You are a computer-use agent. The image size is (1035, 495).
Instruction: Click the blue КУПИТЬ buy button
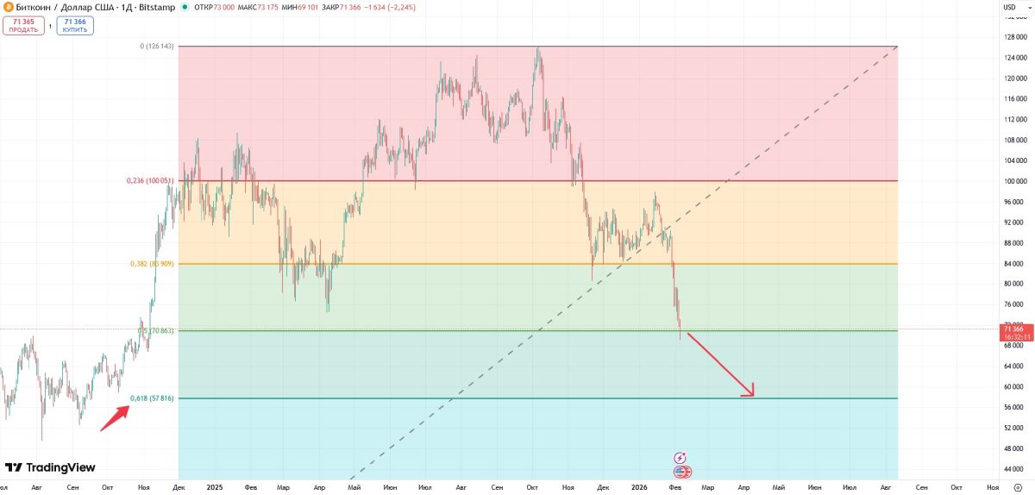coord(75,26)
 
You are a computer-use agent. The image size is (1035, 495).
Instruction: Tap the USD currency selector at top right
coord(1009,7)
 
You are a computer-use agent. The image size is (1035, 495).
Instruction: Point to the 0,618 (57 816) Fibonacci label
coord(152,398)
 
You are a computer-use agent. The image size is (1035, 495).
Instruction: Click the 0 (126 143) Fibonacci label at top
coord(156,47)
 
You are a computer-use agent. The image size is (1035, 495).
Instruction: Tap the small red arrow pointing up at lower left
coord(116,417)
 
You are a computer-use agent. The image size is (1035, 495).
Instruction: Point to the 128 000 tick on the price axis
coord(1013,37)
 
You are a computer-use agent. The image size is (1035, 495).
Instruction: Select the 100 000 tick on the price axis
coord(1013,181)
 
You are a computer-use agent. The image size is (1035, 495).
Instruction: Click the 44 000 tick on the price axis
coord(1013,469)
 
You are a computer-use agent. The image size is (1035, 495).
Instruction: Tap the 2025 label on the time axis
coord(215,487)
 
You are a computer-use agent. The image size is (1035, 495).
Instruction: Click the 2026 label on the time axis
coord(639,487)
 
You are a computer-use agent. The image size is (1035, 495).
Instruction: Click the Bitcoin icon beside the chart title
coord(9,7)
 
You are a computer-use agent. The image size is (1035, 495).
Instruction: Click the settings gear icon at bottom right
coord(1018,487)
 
